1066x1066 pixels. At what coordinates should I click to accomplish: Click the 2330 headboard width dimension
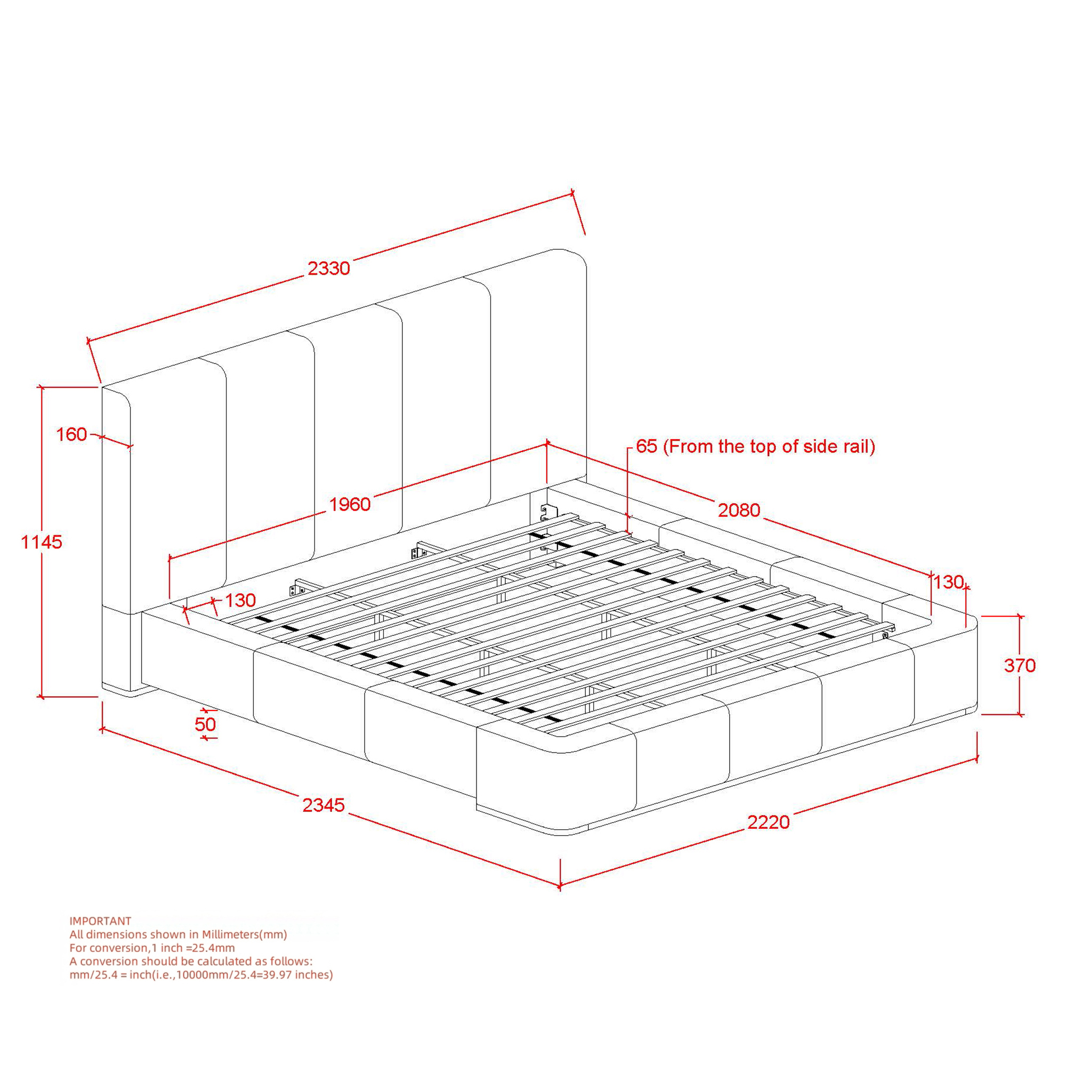[329, 268]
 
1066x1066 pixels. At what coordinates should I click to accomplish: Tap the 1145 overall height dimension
[42, 543]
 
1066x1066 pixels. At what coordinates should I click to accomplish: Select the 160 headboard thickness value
[72, 435]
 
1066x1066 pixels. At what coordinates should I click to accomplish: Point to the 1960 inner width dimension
[350, 504]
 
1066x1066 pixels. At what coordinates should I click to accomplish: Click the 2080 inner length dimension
[739, 510]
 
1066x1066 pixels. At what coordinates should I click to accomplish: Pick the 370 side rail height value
[1020, 665]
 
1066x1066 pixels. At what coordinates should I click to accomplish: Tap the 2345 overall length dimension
[324, 805]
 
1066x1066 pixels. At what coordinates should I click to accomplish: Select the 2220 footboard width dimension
[769, 822]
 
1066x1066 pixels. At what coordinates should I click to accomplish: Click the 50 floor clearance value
[205, 724]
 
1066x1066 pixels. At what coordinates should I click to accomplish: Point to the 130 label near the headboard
[240, 600]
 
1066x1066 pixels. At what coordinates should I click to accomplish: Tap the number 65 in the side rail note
[647, 446]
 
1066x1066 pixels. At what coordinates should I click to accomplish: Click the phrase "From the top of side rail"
[769, 446]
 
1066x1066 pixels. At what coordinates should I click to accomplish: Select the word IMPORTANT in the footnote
[100, 921]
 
